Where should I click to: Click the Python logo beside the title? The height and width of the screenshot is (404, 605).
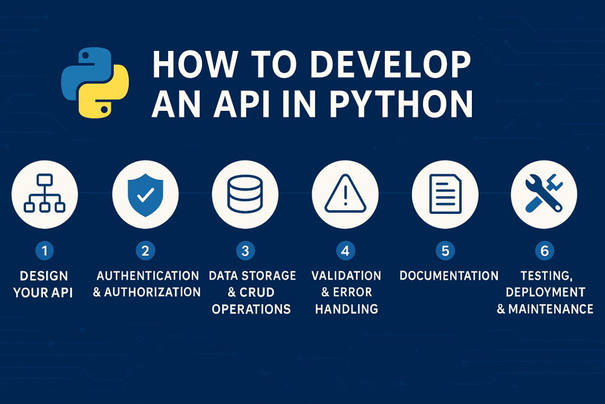(95, 83)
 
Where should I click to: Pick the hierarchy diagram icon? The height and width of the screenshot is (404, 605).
(44, 193)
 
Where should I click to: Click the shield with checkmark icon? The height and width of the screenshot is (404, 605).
(145, 193)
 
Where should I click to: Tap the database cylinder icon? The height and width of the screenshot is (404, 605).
(245, 193)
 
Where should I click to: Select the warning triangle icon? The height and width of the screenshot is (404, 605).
(345, 193)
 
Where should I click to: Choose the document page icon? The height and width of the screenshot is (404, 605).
(445, 193)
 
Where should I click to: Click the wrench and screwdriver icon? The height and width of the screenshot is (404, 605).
(544, 193)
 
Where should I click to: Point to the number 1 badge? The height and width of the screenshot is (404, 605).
(44, 250)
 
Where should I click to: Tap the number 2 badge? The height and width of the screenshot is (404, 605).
(145, 250)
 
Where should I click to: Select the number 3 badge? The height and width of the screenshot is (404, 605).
(245, 250)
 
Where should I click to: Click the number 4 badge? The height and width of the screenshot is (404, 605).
(345, 250)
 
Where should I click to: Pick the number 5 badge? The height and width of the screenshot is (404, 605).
(445, 250)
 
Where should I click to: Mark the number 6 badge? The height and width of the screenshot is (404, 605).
(544, 250)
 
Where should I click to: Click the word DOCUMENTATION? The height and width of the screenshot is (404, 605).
(449, 276)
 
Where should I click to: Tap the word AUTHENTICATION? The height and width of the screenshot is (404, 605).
(148, 276)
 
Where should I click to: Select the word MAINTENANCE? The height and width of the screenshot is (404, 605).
(551, 310)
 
